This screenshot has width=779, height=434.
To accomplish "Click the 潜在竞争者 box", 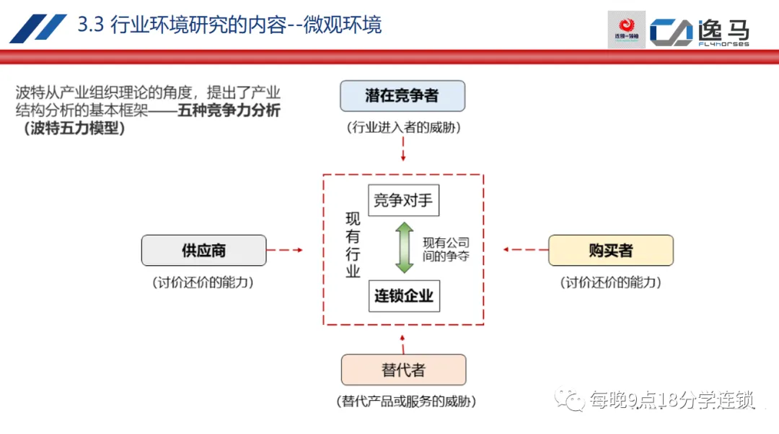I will pos(402,95).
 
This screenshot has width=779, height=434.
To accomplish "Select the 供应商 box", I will pos(203,250).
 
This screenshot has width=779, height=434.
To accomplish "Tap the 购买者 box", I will pos(610,250).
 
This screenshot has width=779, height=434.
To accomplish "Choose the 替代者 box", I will pos(403,370).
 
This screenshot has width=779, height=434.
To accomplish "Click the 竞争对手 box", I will pos(403,200).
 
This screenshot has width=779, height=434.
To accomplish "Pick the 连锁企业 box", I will pos(403,295).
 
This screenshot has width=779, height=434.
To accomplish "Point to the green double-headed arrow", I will pos(404,248).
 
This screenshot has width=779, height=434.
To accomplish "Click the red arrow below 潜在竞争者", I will pos(403,149).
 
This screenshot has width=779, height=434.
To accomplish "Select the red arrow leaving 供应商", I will pos(286,250).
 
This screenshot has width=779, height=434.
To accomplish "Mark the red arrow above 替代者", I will pos(403,340).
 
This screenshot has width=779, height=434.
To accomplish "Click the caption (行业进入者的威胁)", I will pos(403,129).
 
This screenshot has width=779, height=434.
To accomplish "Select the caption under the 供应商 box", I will pos(203,282).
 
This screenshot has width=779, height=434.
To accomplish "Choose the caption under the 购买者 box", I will pos(611,282).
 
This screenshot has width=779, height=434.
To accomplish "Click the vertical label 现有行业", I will pos(352,246).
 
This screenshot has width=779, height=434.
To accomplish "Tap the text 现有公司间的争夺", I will pos(446,249).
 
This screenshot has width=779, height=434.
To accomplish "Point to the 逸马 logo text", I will pos(723,31).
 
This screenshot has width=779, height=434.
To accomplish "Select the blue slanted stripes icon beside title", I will pos(38,27).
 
